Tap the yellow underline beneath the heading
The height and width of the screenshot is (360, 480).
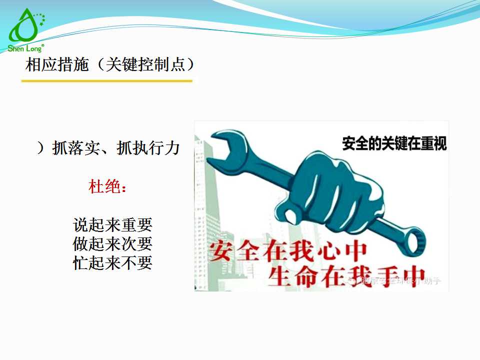[x=107, y=80]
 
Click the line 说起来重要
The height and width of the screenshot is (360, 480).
[x=112, y=224]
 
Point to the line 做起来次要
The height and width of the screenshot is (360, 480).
[x=112, y=243]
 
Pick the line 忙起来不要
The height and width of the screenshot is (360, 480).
[x=112, y=262]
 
